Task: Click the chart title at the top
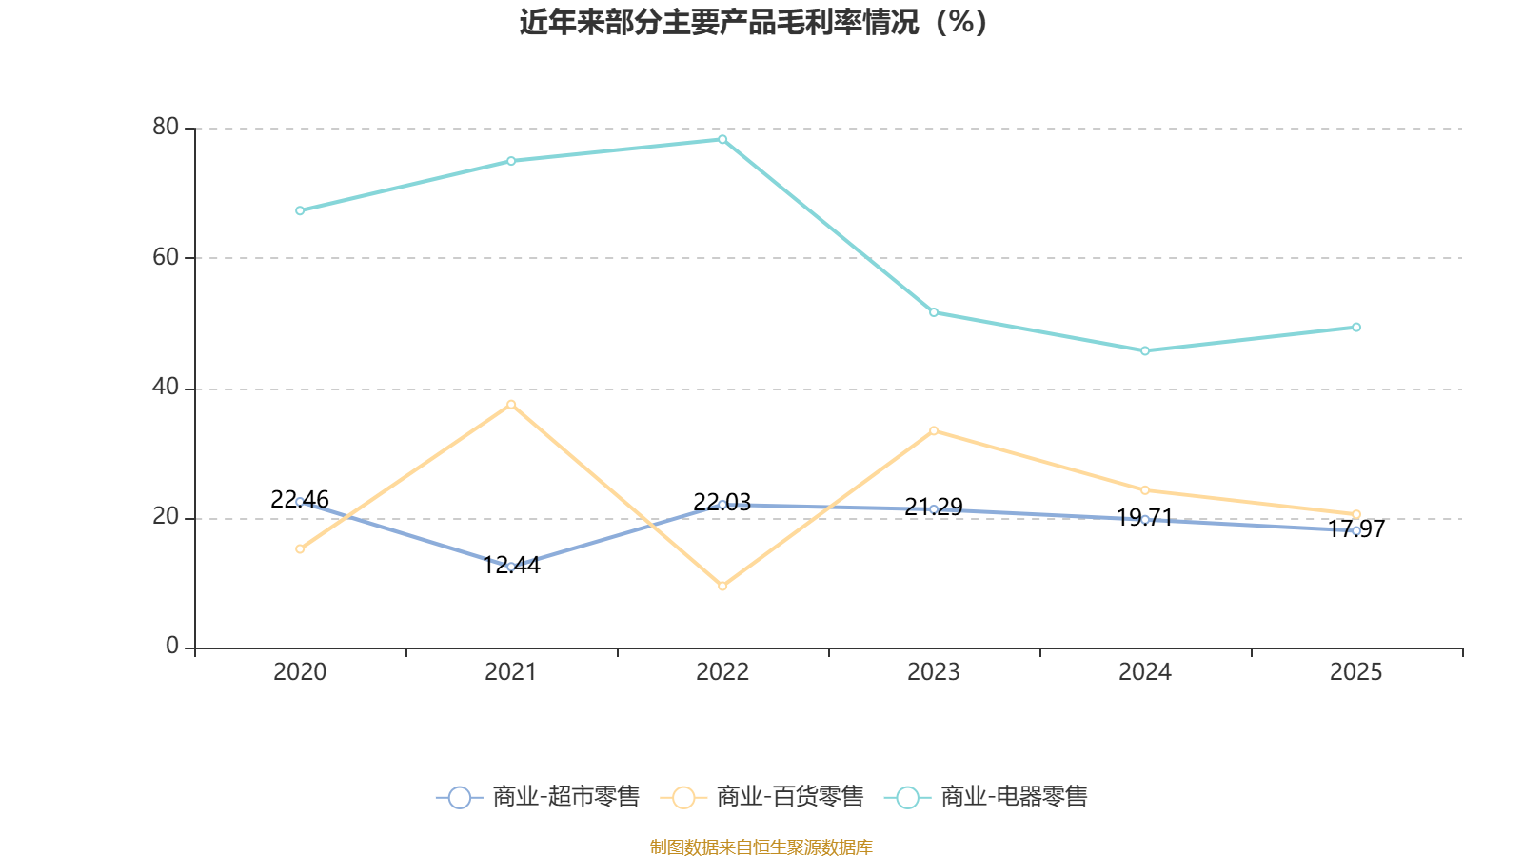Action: [753, 22]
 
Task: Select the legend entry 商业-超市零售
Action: [538, 797]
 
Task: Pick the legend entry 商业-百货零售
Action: [761, 797]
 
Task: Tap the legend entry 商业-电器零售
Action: [986, 797]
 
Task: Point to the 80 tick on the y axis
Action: [166, 127]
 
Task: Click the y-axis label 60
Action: [166, 257]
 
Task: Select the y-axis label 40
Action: [166, 388]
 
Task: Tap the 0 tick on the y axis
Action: [172, 647]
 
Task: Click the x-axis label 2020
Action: [300, 672]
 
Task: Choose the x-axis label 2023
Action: [934, 672]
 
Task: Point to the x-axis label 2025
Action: [1355, 672]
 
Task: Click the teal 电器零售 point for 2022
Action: [722, 140]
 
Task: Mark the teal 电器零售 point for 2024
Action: [1145, 351]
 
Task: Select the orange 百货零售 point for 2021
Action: [511, 405]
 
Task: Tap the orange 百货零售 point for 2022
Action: [722, 587]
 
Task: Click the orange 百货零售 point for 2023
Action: [934, 431]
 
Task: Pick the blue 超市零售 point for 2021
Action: [511, 567]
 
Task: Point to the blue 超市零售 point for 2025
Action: [1356, 531]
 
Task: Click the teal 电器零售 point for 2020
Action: [300, 210]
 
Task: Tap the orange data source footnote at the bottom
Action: [761, 847]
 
